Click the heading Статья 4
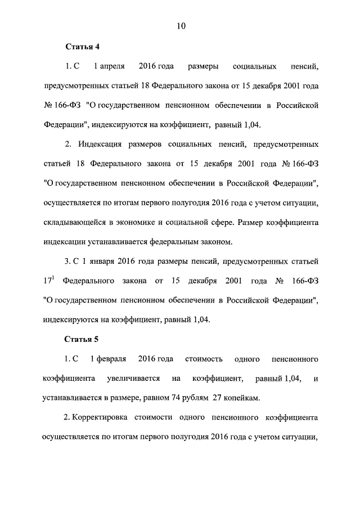(x=83, y=47)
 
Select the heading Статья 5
(x=83, y=339)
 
